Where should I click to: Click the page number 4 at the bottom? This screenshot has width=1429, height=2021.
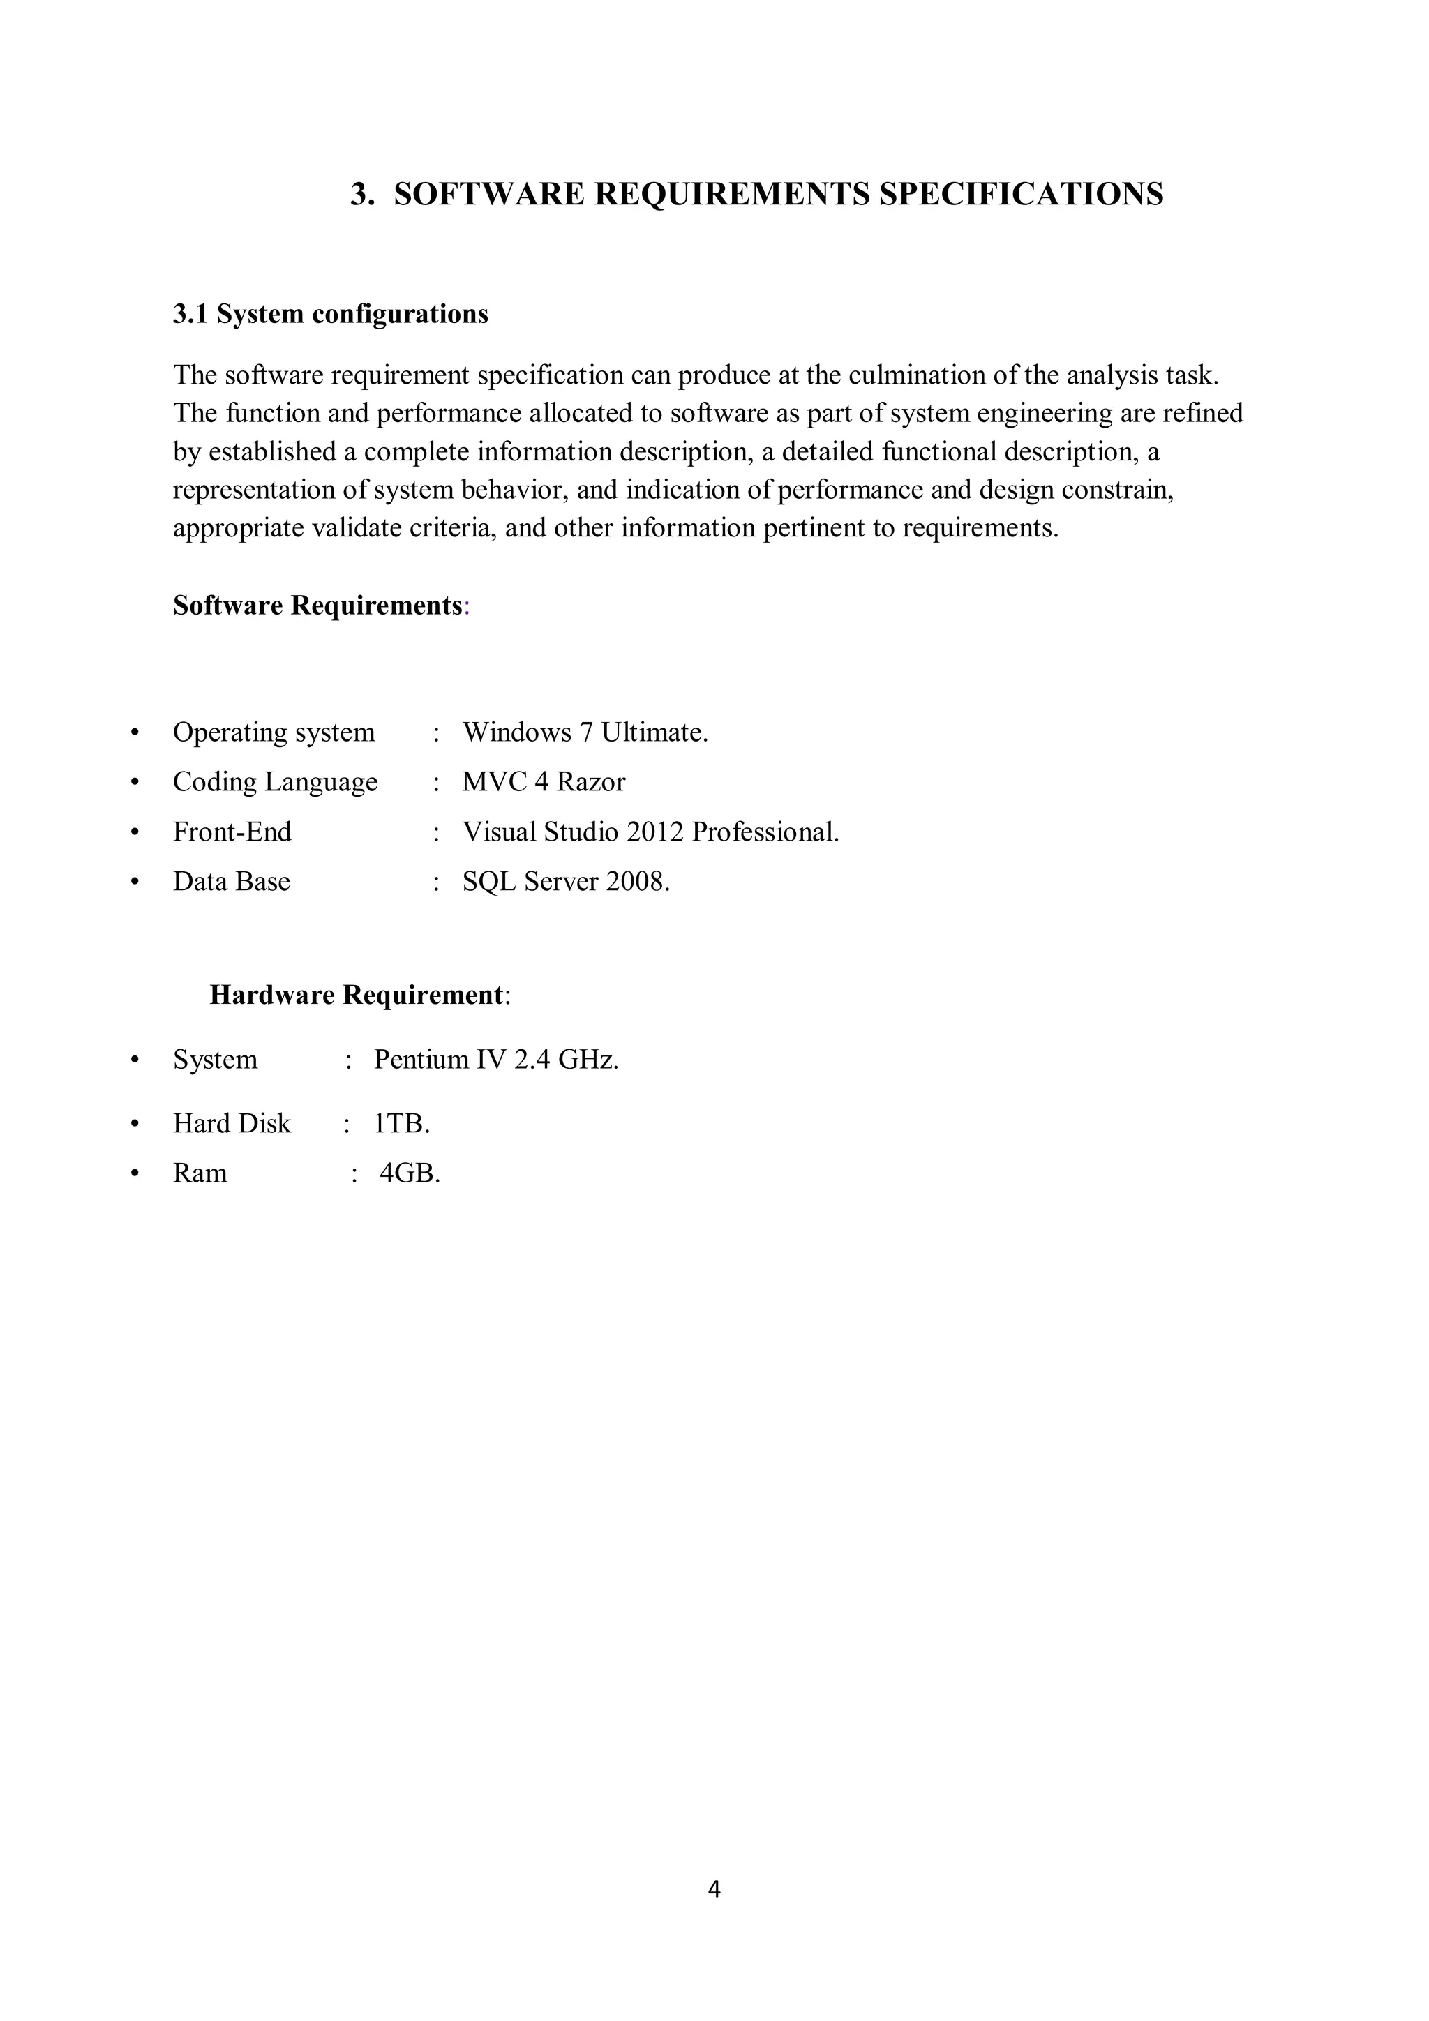tap(714, 1889)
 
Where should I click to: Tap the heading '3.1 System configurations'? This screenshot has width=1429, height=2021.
tap(330, 314)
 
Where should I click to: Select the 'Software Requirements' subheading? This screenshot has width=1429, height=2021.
tap(318, 606)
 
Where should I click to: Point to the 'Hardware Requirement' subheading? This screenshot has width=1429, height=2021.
tap(357, 995)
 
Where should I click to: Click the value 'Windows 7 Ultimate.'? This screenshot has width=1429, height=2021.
tap(585, 732)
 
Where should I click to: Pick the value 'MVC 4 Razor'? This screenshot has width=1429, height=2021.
tap(544, 781)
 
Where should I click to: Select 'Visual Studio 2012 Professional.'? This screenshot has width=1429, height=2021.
tap(651, 832)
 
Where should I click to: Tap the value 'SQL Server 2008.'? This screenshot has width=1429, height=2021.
tap(566, 881)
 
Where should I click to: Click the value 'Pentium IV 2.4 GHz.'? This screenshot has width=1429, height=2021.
tap(495, 1059)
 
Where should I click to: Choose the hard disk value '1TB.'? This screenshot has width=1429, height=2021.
tap(401, 1123)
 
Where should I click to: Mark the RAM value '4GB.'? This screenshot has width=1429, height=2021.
tap(410, 1173)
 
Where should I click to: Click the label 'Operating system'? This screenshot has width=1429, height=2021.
tap(274, 732)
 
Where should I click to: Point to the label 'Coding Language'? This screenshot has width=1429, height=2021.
tap(275, 781)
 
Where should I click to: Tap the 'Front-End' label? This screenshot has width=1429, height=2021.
tap(232, 832)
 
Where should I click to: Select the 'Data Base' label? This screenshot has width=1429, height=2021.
tap(231, 881)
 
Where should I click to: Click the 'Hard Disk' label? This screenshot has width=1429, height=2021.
tap(232, 1123)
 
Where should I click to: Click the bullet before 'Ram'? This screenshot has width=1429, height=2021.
tap(135, 1173)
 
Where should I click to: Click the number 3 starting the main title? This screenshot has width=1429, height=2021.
tap(359, 194)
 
